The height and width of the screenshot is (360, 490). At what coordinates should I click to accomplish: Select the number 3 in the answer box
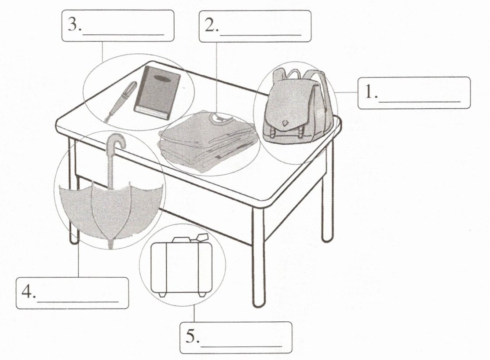click(73, 26)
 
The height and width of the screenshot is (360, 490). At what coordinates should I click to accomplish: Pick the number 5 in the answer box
click(190, 337)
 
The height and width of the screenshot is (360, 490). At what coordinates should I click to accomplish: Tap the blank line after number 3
click(123, 34)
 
